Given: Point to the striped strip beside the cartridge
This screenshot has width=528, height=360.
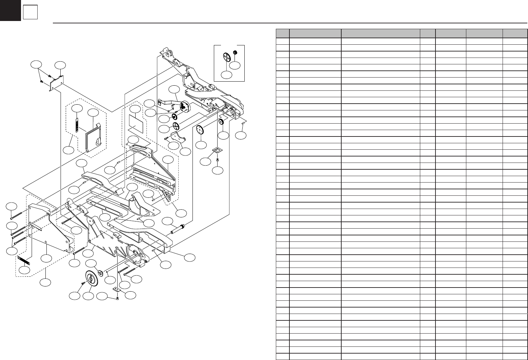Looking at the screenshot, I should [77, 125].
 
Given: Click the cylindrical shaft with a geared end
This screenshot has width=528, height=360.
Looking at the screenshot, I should [179, 229].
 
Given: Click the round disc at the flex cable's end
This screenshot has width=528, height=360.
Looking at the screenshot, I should [185, 106].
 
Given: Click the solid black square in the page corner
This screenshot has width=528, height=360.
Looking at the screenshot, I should [10, 10].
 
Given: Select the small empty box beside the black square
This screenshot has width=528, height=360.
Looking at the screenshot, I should [30, 13].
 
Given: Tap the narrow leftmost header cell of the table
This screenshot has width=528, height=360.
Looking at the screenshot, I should [282, 33].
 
